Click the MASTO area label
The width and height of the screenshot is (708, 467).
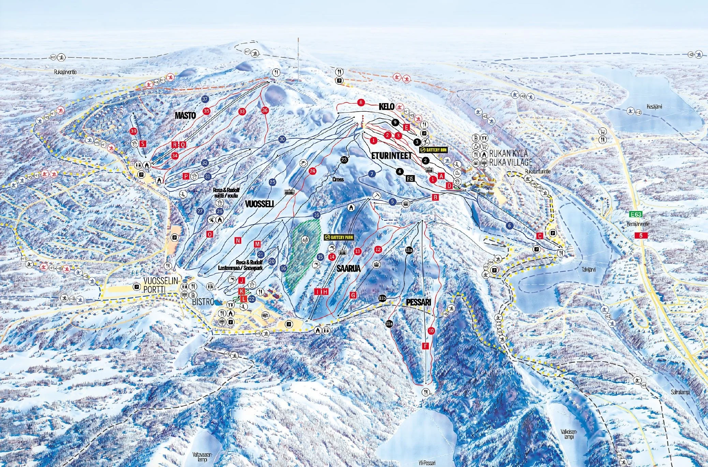click(x=185, y=115)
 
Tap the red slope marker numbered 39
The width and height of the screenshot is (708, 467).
click(x=134, y=131)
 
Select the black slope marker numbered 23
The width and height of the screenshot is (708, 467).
click(x=344, y=159)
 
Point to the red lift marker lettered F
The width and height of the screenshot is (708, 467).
click(x=425, y=346)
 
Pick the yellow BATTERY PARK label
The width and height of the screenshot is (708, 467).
click(x=338, y=237)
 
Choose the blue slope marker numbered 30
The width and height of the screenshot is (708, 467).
click(x=282, y=139)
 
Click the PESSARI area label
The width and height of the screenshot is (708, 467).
click(x=419, y=302)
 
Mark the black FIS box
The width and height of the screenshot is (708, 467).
click(x=410, y=178)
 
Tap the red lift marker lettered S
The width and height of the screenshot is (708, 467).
click(x=143, y=144)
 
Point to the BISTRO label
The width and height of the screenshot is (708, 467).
click(x=203, y=302)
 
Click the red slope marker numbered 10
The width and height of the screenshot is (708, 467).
click(x=431, y=330)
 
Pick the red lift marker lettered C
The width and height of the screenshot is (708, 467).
click(x=539, y=236)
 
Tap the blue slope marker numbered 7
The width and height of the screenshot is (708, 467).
click(x=372, y=174)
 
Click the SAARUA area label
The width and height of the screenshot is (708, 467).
click(x=348, y=269)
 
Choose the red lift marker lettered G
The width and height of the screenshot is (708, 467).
click(x=353, y=295)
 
